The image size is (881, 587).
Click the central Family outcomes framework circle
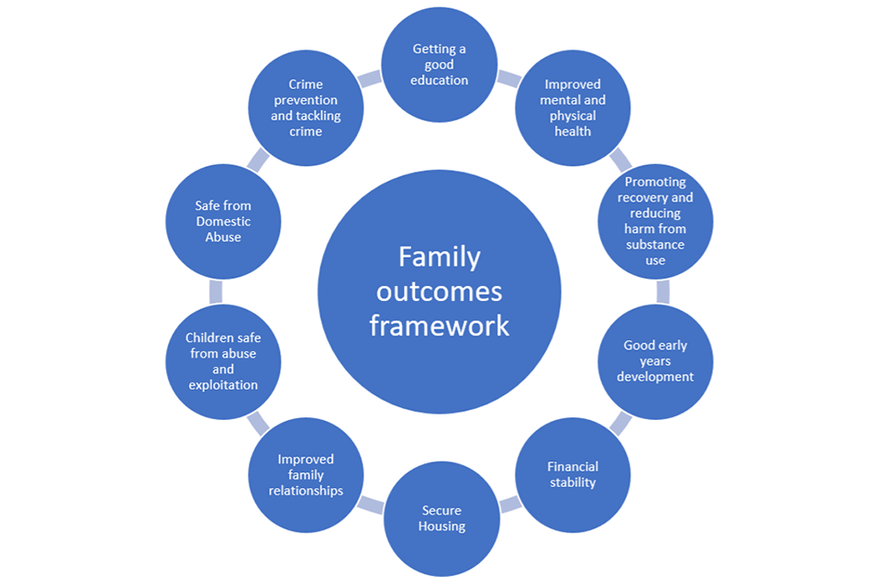click(440, 291)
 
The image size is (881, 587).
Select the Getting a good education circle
click(440, 64)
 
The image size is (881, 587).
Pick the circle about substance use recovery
click(655, 220)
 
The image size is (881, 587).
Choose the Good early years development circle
click(655, 361)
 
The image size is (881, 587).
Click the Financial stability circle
click(572, 473)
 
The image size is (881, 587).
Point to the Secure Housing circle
click(442, 518)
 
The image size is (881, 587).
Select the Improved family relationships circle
click(306, 474)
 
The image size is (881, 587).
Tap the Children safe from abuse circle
click(223, 361)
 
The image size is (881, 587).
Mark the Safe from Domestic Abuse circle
click(223, 222)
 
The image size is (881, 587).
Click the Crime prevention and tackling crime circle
click(307, 108)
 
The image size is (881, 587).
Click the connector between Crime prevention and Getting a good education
click(370, 79)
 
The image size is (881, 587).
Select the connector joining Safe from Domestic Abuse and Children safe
click(217, 292)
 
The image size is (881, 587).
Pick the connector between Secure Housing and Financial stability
click(510, 504)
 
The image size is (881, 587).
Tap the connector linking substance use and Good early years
click(663, 292)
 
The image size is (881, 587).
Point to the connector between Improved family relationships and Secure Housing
click(371, 504)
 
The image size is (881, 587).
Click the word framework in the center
click(440, 326)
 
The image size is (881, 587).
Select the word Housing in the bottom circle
click(442, 526)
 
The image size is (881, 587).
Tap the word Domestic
click(223, 222)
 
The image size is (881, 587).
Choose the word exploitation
click(223, 385)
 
